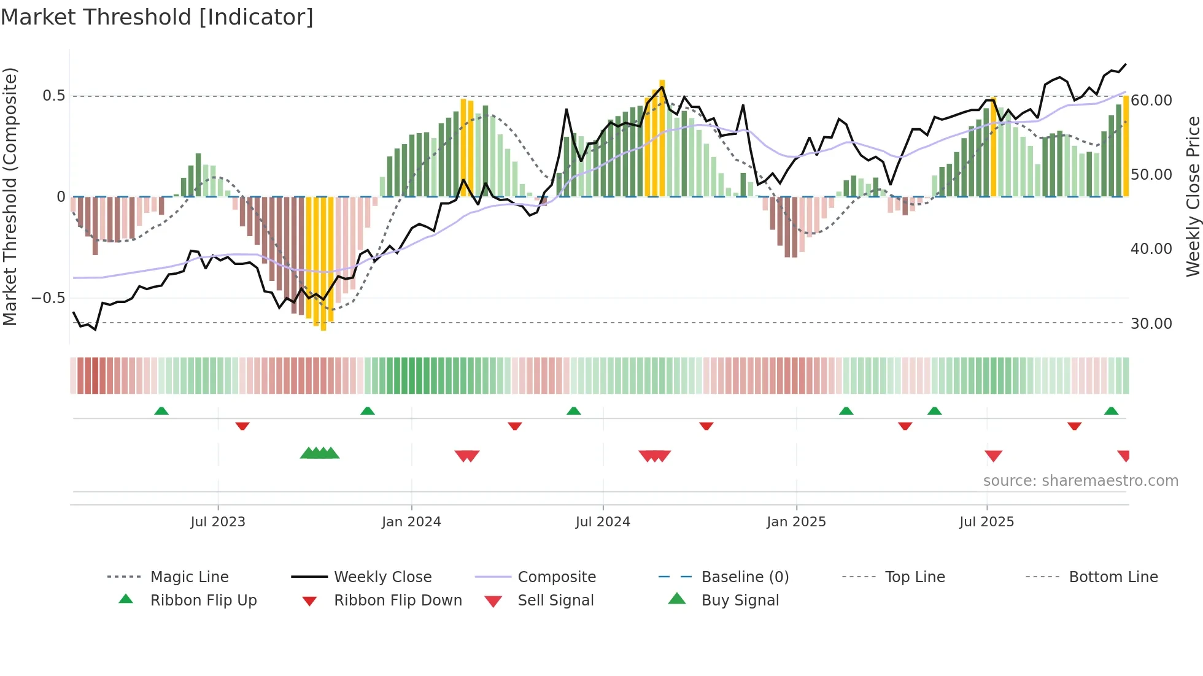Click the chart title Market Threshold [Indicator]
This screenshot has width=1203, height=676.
[157, 17]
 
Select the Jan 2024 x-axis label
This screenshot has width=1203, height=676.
[411, 522]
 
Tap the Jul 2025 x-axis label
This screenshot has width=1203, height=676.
[986, 522]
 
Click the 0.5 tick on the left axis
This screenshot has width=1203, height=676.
[53, 96]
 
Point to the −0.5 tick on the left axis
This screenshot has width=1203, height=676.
[48, 298]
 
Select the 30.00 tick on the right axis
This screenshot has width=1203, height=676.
[1151, 323]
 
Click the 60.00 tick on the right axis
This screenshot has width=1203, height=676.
[1151, 100]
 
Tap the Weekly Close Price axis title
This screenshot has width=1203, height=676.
[1193, 196]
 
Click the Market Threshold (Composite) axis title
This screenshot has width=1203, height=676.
[10, 196]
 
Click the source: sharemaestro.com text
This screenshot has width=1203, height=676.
[1080, 481]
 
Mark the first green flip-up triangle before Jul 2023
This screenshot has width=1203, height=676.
[161, 411]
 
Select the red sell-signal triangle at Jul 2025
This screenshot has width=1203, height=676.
[993, 456]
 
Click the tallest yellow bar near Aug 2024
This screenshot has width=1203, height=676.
[662, 138]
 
